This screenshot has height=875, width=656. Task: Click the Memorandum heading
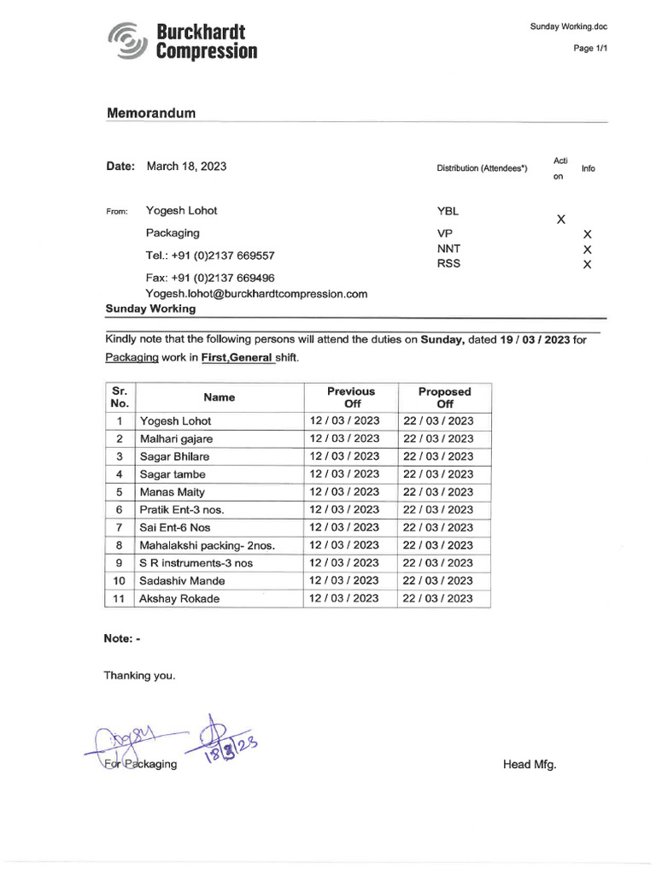tap(151, 113)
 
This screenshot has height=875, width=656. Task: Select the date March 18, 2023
tap(186, 167)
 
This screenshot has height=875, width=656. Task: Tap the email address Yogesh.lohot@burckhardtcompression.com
tap(256, 293)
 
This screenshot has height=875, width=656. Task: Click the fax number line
tap(210, 278)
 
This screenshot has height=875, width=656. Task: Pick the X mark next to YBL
tap(561, 220)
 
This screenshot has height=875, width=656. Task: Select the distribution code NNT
tap(448, 249)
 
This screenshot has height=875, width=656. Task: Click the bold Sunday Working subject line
tap(150, 308)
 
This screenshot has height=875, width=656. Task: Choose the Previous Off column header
tap(351, 396)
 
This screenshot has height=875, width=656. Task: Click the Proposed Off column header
tap(444, 396)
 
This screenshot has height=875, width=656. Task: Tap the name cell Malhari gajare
tap(176, 438)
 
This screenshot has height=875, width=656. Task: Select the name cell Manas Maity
tap(172, 492)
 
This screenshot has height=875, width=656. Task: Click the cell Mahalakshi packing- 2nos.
tap(207, 545)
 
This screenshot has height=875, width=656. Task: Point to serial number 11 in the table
tap(120, 598)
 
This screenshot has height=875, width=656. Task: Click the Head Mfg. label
tap(530, 764)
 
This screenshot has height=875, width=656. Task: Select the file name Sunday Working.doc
tap(568, 26)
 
